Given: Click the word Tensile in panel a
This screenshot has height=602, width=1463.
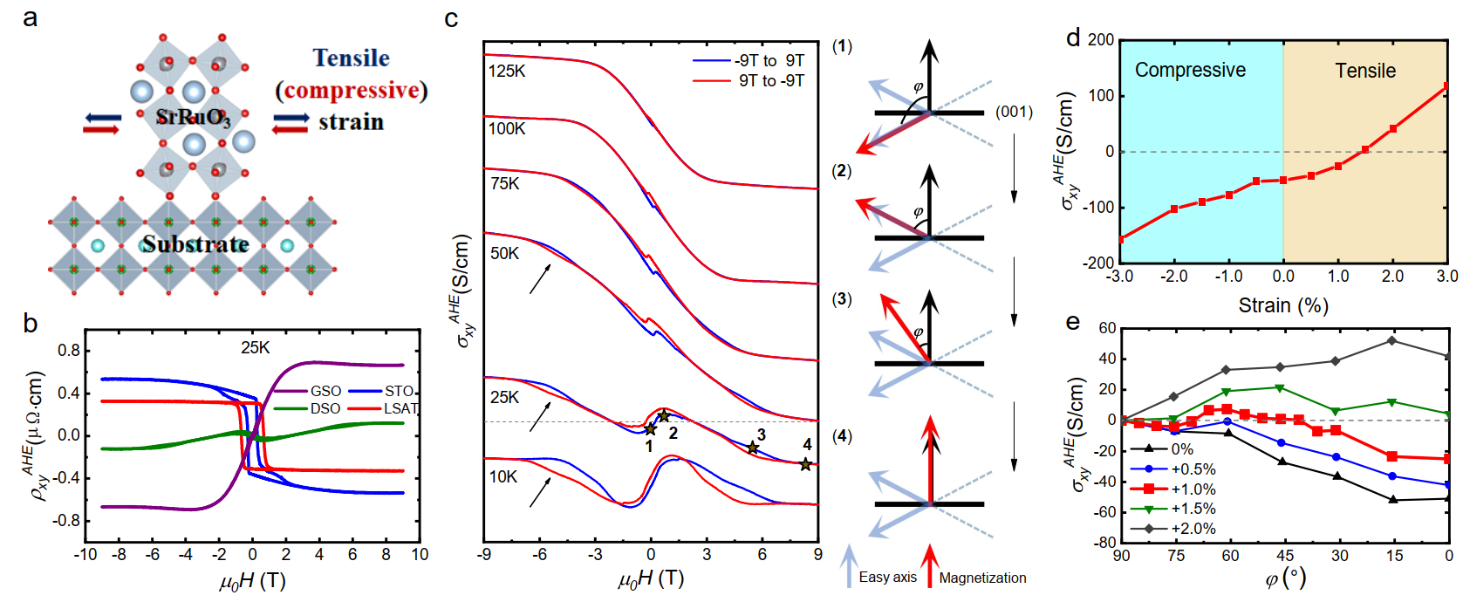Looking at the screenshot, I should (x=351, y=58).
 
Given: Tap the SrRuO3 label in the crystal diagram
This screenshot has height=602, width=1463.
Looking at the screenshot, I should (x=193, y=117).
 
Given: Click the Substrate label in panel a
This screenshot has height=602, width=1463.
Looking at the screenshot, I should (x=195, y=244).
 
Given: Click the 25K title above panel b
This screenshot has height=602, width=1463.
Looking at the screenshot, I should (x=256, y=347).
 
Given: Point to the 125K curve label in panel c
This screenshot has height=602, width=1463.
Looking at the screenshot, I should (x=507, y=71).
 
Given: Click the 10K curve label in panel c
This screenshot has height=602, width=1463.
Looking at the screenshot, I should (x=503, y=476).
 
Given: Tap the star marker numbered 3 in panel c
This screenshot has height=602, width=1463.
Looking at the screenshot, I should (x=753, y=448).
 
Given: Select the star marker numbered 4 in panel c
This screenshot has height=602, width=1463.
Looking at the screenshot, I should (x=805, y=464).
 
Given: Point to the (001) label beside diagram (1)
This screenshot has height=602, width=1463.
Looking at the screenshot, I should (x=1014, y=112).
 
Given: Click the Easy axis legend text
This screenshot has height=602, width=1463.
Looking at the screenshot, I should (x=887, y=577).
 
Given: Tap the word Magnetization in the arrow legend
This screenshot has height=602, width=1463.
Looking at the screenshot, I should (x=982, y=578).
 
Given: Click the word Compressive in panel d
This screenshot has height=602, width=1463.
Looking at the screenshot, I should (x=1190, y=70).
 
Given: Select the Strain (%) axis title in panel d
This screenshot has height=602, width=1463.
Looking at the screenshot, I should (x=1282, y=305).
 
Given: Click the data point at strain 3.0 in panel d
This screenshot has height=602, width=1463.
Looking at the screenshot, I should (x=1446, y=86).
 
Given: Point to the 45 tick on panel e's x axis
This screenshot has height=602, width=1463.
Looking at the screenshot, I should (x=1284, y=556).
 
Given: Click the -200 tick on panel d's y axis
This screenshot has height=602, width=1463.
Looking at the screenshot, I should (x=1099, y=262).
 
